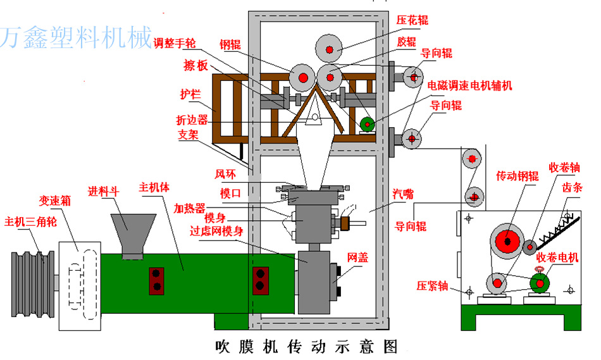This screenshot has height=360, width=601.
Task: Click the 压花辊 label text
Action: coord(412,20)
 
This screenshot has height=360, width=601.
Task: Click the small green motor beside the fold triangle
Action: coord(366,123)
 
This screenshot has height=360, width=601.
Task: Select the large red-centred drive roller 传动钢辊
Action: coord(507,241)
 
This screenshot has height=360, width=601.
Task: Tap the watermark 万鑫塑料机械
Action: coord(77,37)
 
